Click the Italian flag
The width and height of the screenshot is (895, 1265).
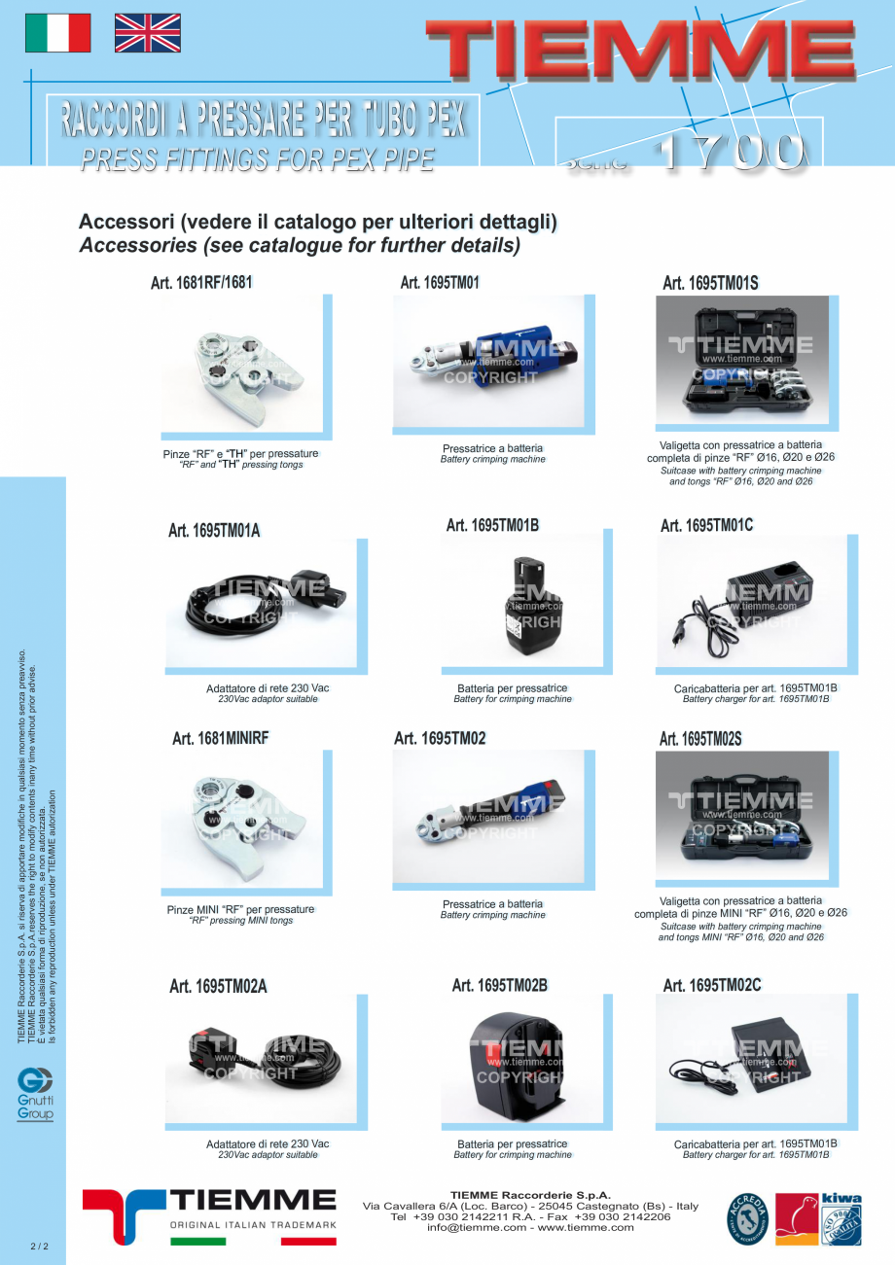coord(57,33)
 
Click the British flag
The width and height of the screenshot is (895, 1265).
coord(148,33)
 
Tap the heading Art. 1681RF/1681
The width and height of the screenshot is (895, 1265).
coord(201,283)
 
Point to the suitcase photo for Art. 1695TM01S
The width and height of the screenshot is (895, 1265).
coord(742,361)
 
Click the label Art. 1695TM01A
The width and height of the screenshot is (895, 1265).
coord(214,530)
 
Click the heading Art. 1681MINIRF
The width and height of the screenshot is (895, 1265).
coord(220,738)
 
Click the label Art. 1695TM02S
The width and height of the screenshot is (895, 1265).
coord(700,739)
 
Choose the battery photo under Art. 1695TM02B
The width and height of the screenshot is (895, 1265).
coord(518,1060)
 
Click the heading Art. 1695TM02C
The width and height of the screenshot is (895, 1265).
coord(712,985)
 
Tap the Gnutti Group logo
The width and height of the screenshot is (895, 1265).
coord(35,1094)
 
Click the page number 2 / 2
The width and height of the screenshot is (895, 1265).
coord(39,1246)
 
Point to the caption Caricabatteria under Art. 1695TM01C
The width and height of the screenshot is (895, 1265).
coord(755,688)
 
